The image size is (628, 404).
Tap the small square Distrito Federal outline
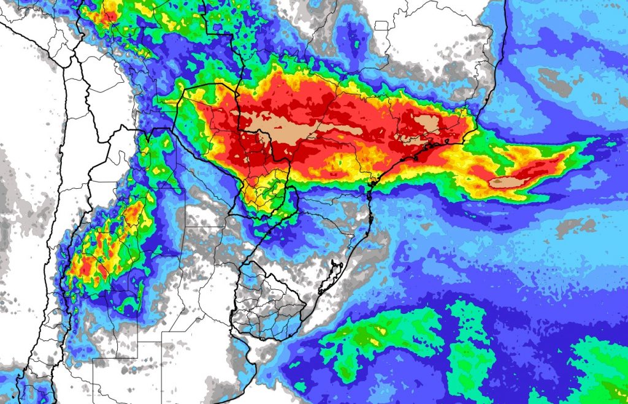[x=381, y=26]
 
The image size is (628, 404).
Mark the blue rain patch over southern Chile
[x=25, y=389]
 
